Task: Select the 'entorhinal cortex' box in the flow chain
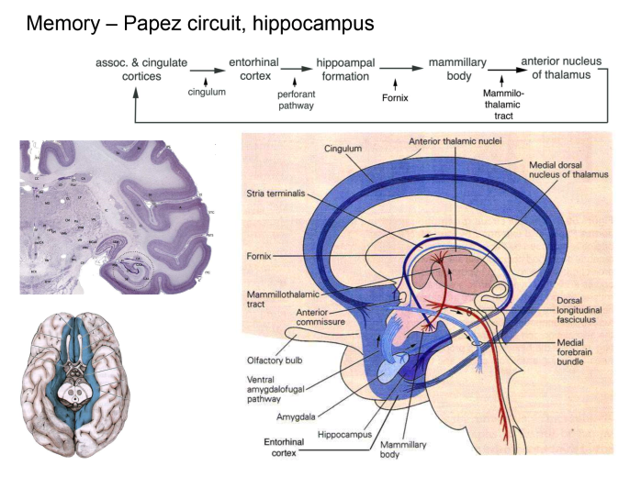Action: pos(253,68)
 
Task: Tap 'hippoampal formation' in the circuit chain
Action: pos(344,68)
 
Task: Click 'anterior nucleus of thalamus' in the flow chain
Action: pos(561,68)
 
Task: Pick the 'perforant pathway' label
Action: pos(296,99)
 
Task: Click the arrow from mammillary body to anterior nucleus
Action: pos(500,70)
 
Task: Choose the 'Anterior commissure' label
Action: pos(299,317)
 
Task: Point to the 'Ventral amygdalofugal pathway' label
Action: pos(276,389)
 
